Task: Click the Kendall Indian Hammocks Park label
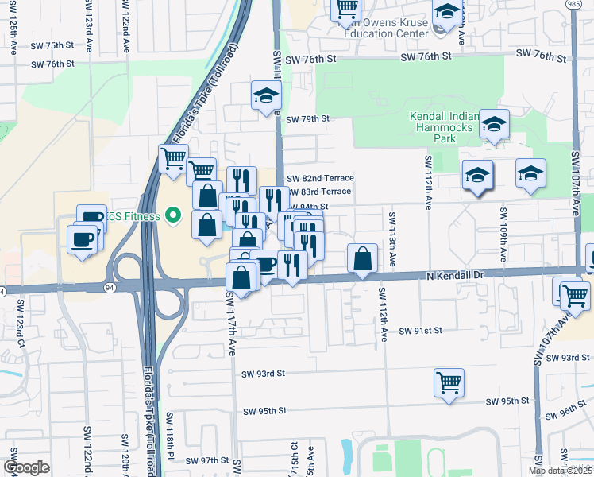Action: pos(444,127)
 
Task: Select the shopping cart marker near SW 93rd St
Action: pos(449,382)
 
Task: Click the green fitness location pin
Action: pos(175,216)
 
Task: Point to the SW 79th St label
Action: pos(307,119)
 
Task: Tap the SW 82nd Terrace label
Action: pos(319,179)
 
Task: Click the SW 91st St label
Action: pos(418,330)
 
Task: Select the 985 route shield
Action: pos(583,5)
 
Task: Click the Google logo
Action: pos(26,467)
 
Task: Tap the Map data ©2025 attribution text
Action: pos(561,471)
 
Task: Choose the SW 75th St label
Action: pos(52,46)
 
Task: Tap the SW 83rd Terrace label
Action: pos(318,192)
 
